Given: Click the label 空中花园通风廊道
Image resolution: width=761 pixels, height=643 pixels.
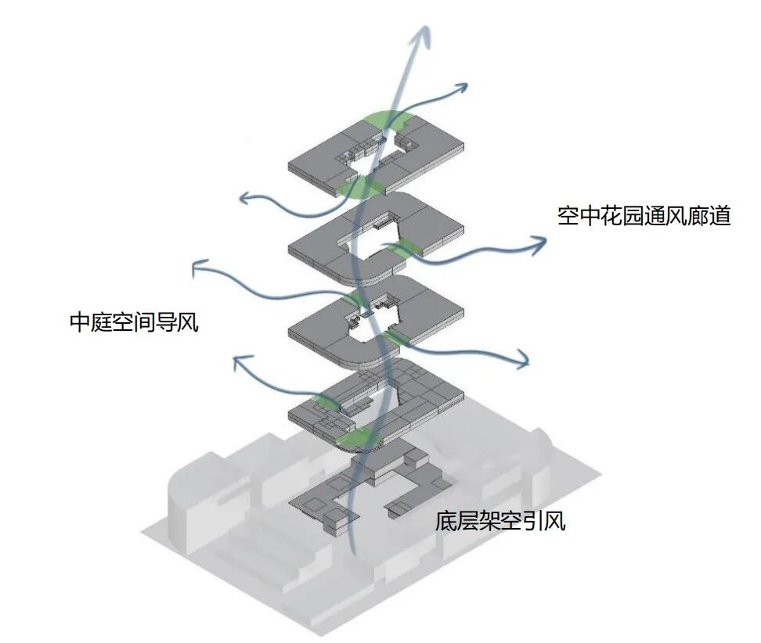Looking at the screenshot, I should click(x=644, y=216).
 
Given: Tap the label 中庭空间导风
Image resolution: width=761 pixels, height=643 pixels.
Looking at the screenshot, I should click(x=134, y=322).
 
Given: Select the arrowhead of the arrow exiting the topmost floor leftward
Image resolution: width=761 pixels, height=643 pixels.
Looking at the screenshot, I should click(x=245, y=199).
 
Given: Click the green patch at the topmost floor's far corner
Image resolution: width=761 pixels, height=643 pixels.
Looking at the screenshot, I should click(x=389, y=120).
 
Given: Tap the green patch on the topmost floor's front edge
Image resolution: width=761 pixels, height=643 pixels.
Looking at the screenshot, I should click(x=359, y=189).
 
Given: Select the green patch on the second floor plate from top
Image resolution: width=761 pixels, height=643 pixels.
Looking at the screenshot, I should click(x=405, y=250).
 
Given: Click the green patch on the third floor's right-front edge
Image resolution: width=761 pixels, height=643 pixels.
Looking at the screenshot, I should click(x=397, y=336).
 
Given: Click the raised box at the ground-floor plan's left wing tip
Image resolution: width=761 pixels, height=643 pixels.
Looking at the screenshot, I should click(x=336, y=519).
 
